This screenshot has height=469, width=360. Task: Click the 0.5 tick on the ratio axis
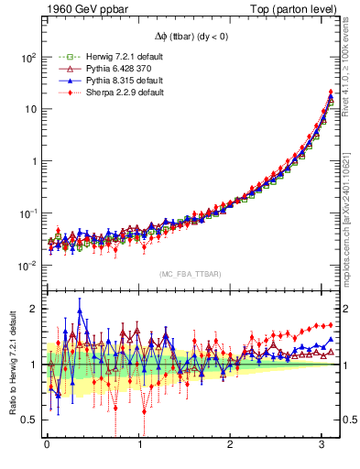(x=27, y=420)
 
